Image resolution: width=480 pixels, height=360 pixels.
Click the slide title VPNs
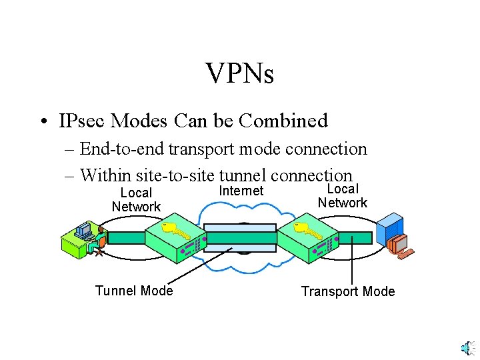(x=239, y=73)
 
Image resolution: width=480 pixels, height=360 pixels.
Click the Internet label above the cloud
(x=241, y=191)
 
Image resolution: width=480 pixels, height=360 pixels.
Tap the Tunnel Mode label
(x=134, y=291)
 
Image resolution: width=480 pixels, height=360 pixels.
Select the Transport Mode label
(x=348, y=291)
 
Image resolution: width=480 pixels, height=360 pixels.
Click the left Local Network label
(x=136, y=200)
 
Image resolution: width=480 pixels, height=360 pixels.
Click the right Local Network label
(x=343, y=195)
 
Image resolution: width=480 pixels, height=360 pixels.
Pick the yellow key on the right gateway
(x=309, y=231)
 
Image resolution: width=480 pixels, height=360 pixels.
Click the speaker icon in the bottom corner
(x=468, y=348)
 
